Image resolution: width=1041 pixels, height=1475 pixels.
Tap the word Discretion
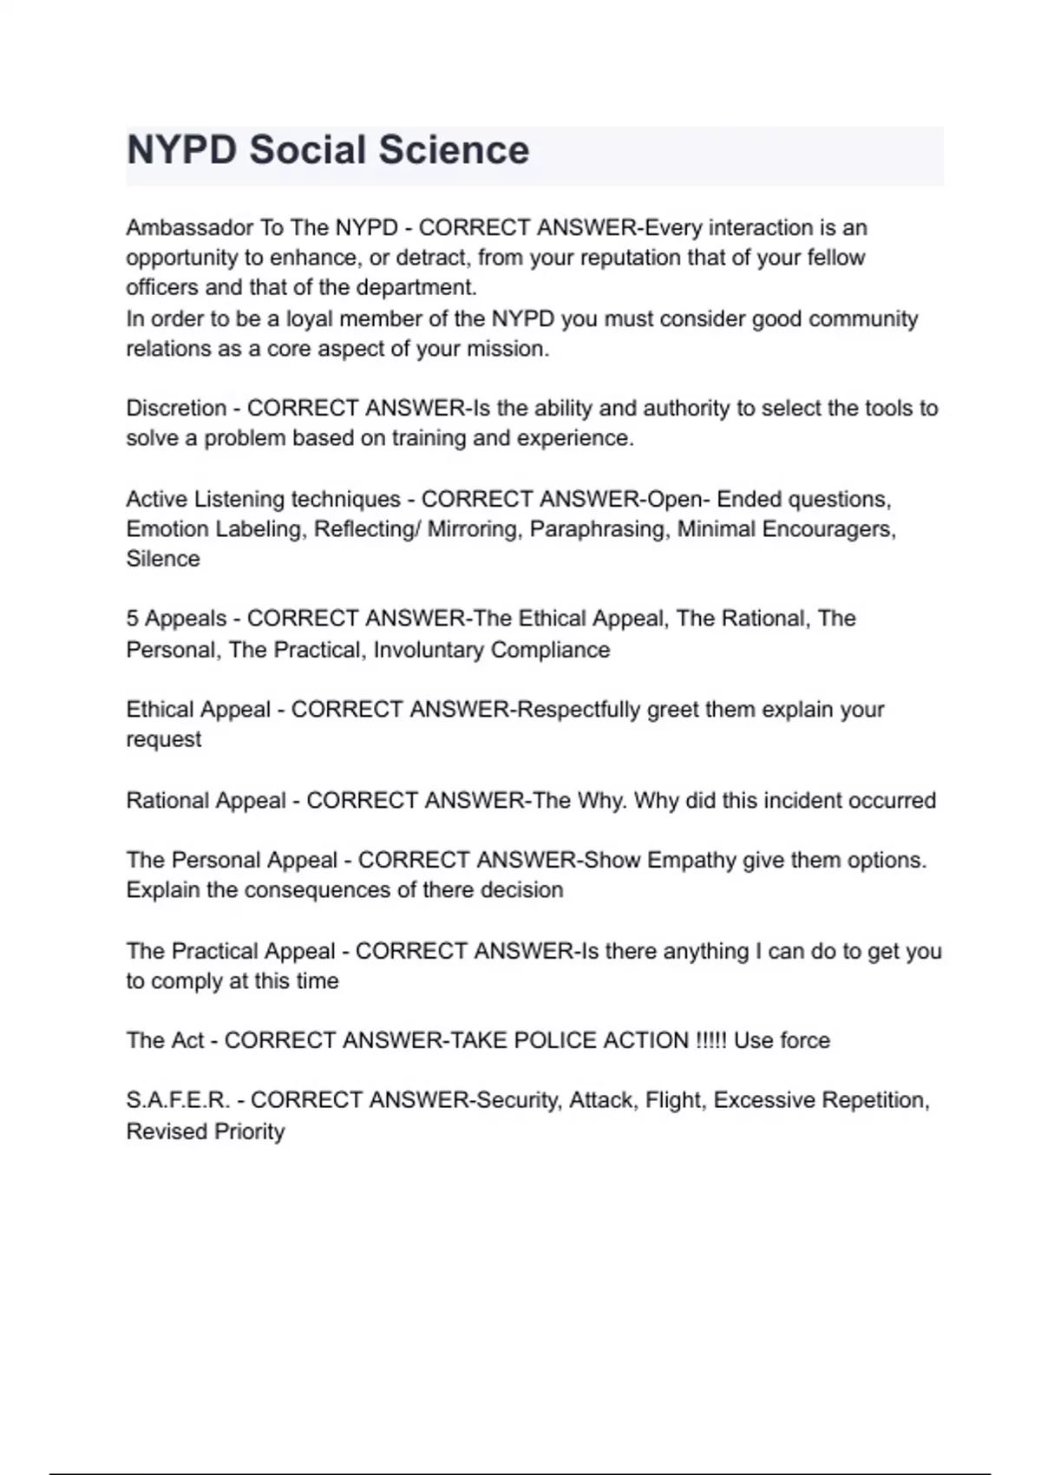[x=176, y=409]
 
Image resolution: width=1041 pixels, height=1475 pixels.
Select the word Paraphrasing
[x=599, y=529]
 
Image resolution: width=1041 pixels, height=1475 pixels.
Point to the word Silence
[x=163, y=559]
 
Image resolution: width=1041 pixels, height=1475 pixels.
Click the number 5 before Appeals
[x=132, y=619]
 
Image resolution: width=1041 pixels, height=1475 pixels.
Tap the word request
[x=163, y=740]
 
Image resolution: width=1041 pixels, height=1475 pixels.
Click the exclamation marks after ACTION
[x=711, y=1040]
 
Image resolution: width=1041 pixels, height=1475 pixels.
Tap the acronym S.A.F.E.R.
[x=178, y=1100]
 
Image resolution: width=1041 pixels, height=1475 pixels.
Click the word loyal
[x=309, y=319]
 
